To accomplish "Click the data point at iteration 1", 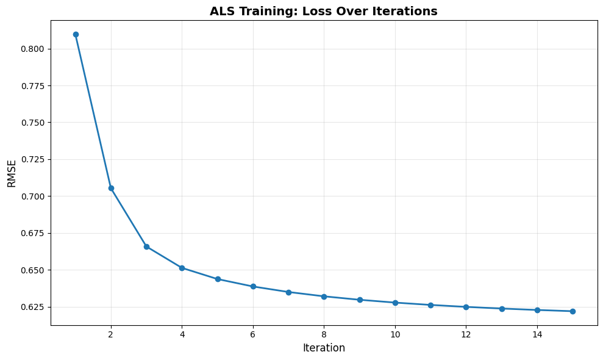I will pyautogui.click(x=76, y=34).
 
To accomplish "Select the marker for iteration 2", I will pyautogui.click(x=111, y=188).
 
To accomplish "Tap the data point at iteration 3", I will pyautogui.click(x=146, y=247).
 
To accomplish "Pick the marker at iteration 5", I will pyautogui.click(x=218, y=279).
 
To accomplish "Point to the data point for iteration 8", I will pyautogui.click(x=324, y=297).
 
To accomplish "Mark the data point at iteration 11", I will pyautogui.click(x=430, y=305).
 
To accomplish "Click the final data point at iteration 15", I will pyautogui.click(x=573, y=311).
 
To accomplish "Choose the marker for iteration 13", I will pyautogui.click(x=502, y=309).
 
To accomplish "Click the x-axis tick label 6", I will pyautogui.click(x=253, y=334).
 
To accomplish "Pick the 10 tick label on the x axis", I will pyautogui.click(x=395, y=334).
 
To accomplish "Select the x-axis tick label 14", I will pyautogui.click(x=537, y=334).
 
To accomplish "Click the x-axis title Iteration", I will pyautogui.click(x=324, y=348).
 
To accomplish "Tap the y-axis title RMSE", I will pyautogui.click(x=12, y=173).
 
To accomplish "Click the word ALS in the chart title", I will pyautogui.click(x=222, y=12).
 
